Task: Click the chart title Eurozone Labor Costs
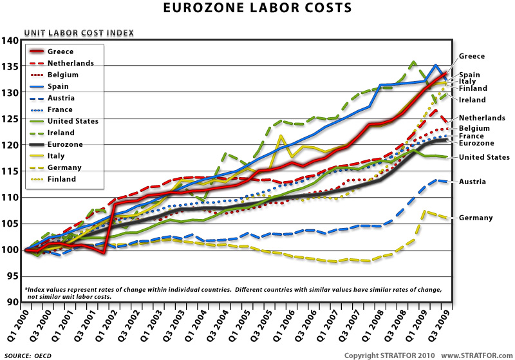point(257,8)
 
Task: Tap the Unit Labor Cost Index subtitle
point(79,32)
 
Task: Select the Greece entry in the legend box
point(61,52)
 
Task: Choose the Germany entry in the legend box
point(64,167)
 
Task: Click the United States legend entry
point(73,121)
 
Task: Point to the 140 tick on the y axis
point(11,41)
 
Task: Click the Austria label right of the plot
point(473,182)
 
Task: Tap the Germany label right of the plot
point(476,218)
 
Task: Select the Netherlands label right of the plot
point(482,118)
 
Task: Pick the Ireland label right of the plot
point(473,100)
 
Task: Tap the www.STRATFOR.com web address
point(477,355)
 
